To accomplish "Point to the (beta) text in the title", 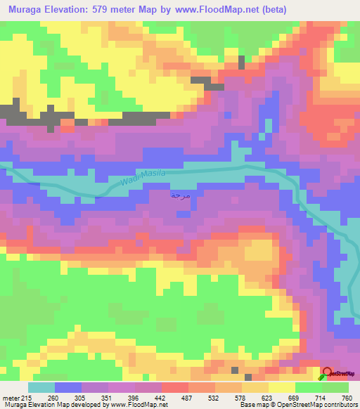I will tap(293, 8).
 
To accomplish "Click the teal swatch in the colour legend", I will tap(41, 387).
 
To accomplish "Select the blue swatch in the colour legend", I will tap(68, 387).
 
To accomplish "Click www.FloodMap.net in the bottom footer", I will tap(136, 405).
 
